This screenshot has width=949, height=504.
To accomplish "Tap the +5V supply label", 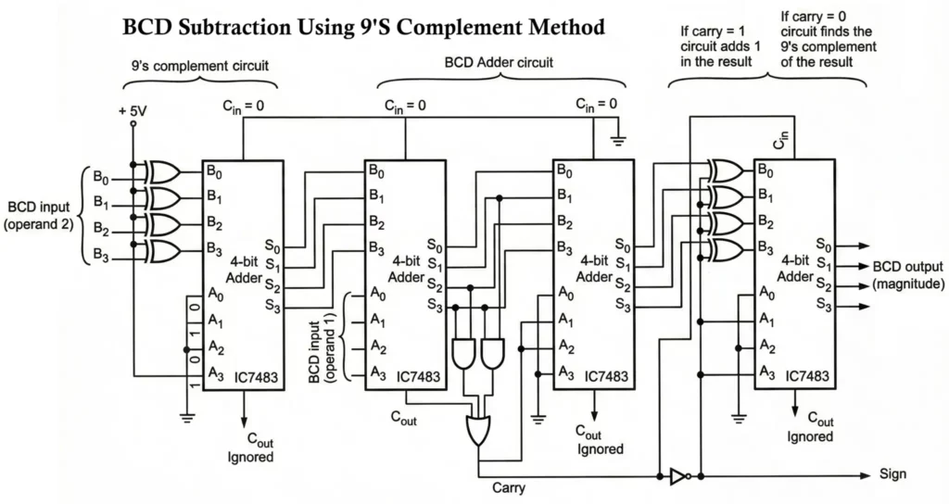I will (133, 110).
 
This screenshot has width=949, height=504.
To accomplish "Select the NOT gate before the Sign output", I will (677, 476).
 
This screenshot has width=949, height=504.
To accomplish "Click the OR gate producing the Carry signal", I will (479, 429).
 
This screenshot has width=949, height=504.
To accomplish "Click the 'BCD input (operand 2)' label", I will (42, 216).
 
